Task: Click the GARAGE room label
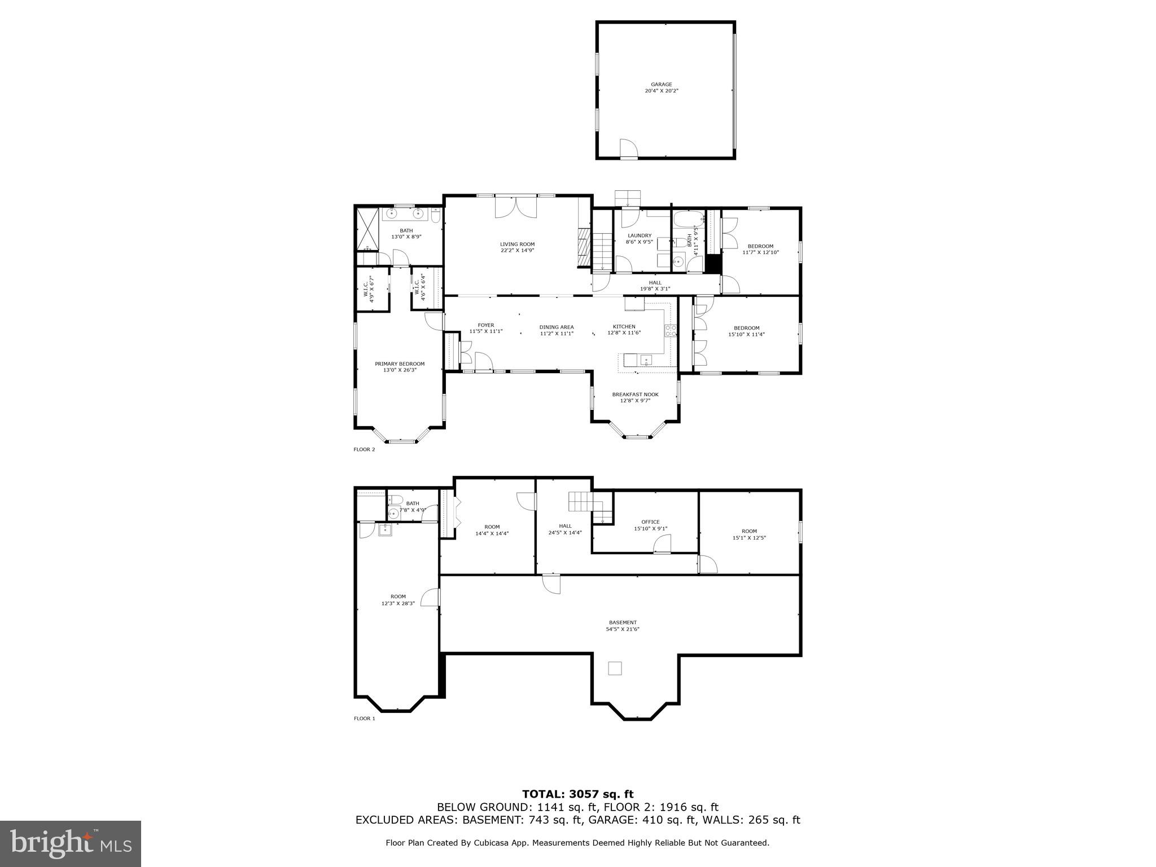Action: pyautogui.click(x=661, y=85)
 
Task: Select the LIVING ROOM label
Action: pyautogui.click(x=517, y=244)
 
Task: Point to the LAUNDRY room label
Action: pyautogui.click(x=640, y=236)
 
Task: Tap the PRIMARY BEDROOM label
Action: pyautogui.click(x=400, y=364)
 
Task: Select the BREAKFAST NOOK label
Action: pyautogui.click(x=635, y=395)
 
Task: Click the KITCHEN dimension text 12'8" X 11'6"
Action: pyautogui.click(x=624, y=333)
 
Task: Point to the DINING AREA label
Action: pyautogui.click(x=557, y=327)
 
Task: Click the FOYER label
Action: pyautogui.click(x=485, y=325)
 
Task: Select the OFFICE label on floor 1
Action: pyautogui.click(x=650, y=522)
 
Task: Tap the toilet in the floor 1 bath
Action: pyautogui.click(x=395, y=500)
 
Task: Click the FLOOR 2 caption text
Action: pyautogui.click(x=364, y=450)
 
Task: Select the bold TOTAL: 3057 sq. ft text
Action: pyautogui.click(x=577, y=795)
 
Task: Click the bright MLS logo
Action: pyautogui.click(x=71, y=843)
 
